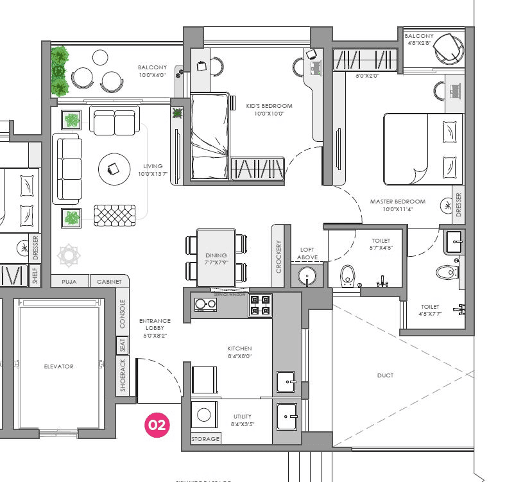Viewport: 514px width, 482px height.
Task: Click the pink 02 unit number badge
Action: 158,425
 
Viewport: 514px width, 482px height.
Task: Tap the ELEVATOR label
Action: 58,366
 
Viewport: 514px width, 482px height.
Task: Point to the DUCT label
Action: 385,375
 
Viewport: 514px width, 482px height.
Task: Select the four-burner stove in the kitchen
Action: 260,304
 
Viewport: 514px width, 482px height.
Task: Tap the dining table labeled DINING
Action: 216,257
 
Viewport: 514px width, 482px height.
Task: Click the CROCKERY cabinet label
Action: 278,257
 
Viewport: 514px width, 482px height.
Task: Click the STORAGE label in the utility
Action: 205,439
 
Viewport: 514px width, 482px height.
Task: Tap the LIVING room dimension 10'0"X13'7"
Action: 153,173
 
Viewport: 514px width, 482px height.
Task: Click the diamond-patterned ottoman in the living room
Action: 116,214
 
